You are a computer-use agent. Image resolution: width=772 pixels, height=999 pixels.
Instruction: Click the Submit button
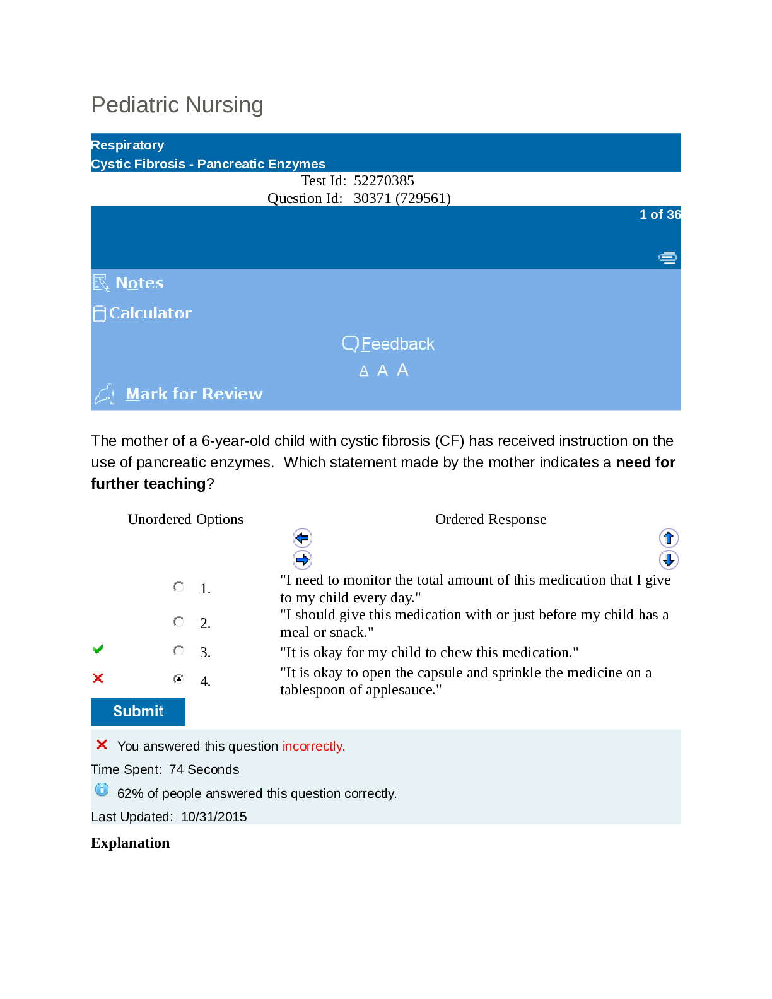pyautogui.click(x=138, y=711)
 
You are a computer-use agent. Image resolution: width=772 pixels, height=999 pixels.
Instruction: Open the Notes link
pyautogui.click(x=139, y=283)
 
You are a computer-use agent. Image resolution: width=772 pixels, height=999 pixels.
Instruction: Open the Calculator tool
pyautogui.click(x=150, y=313)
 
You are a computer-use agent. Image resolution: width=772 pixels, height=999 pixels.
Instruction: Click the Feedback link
pyautogui.click(x=397, y=344)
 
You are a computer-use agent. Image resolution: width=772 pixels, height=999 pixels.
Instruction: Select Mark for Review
pyautogui.click(x=194, y=394)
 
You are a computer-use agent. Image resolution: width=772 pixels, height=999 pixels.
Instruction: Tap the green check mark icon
pyautogui.click(x=98, y=650)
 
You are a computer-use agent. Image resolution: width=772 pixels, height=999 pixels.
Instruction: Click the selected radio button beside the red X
pyautogui.click(x=179, y=679)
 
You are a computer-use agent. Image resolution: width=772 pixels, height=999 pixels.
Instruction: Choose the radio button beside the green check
pyautogui.click(x=179, y=650)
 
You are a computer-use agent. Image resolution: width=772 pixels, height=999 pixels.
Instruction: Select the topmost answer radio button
pyautogui.click(x=179, y=587)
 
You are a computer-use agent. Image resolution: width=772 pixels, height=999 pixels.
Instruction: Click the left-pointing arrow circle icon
pyautogui.click(x=303, y=538)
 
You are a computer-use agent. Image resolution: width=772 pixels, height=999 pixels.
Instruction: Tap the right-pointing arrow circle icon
pyautogui.click(x=303, y=559)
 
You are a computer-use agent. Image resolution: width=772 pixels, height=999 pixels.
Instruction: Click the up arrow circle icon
pyautogui.click(x=669, y=538)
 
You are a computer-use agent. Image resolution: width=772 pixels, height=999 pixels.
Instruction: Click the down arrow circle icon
pyautogui.click(x=669, y=559)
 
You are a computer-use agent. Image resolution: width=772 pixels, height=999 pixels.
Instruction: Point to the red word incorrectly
pyautogui.click(x=313, y=746)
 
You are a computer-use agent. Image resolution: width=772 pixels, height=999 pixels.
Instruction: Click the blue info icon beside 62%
pyautogui.click(x=102, y=790)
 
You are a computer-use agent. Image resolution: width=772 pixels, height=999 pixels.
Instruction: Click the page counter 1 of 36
pyautogui.click(x=660, y=214)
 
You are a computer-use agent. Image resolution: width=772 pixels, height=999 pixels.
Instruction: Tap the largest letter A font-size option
pyautogui.click(x=402, y=370)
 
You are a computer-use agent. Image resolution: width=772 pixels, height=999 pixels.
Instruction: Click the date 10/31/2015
pyautogui.click(x=214, y=817)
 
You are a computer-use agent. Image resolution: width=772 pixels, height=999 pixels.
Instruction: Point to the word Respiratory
pyautogui.click(x=127, y=145)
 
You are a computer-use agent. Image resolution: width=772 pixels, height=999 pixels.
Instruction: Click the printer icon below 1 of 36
pyautogui.click(x=667, y=257)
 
